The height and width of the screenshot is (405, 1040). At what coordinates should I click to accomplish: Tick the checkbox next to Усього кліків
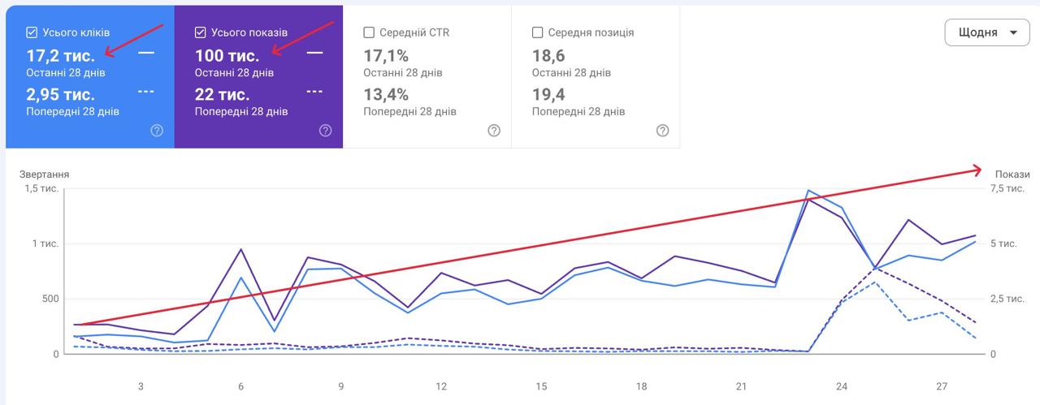pos(32,32)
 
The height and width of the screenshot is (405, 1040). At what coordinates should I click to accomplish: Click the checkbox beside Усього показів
pos(200,32)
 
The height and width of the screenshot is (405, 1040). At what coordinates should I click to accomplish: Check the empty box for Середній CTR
pos(369,32)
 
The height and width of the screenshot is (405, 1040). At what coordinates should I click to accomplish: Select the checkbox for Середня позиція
pos(537,32)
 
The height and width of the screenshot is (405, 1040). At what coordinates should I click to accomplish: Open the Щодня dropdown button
pos(987,32)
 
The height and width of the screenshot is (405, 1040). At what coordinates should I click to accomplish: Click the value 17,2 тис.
pos(60,56)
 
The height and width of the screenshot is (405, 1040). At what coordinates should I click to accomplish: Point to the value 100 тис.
pos(227,56)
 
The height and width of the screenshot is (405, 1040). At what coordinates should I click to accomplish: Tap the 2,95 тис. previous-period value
pos(60,95)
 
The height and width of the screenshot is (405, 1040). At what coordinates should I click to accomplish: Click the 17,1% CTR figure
pos(386,56)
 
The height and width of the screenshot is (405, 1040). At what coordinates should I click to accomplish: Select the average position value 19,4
pos(548,95)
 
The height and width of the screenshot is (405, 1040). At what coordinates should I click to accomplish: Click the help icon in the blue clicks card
pos(157,131)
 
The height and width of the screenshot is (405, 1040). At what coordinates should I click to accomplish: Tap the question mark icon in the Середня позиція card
pos(662,131)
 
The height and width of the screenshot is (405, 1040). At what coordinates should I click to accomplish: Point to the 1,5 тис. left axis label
pos(41,188)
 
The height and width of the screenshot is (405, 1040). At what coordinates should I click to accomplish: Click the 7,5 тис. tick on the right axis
pos(1007,188)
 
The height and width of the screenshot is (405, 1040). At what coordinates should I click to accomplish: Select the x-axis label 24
pos(841,386)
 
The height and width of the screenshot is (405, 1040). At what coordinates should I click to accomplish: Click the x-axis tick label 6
pos(241,386)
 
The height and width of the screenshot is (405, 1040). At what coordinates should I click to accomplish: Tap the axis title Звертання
pos(44,174)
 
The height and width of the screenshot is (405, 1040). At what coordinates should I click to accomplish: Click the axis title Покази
pos(1012,174)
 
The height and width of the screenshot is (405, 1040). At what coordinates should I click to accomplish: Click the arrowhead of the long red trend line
pos(980,170)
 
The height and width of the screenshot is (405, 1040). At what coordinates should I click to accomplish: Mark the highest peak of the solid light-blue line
pos(808,190)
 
